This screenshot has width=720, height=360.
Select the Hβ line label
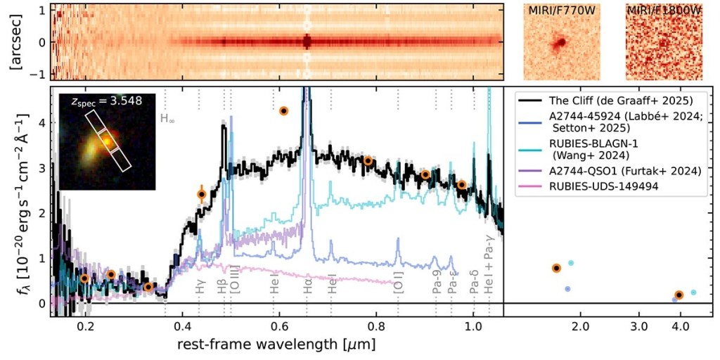[222, 288]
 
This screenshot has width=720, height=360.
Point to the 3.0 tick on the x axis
[638, 327]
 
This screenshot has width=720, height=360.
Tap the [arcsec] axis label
[14, 41]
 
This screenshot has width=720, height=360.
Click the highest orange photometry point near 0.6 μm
[284, 110]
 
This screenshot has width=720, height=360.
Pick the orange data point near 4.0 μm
[679, 295]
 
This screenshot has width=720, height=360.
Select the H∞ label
[167, 119]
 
